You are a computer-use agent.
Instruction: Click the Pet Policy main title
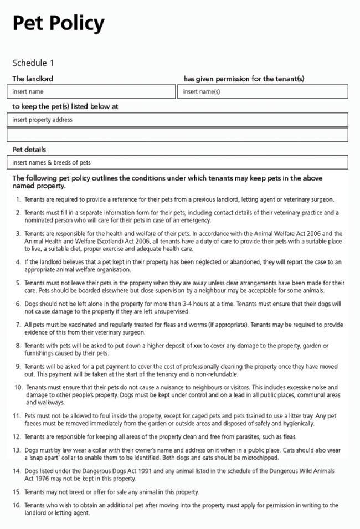pos(58,23)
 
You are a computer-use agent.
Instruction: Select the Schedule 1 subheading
pos(33,63)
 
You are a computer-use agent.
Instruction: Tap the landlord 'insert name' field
pos(93,91)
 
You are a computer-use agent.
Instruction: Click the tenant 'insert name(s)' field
pos(263,91)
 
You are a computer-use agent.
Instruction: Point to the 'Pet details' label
pos(29,150)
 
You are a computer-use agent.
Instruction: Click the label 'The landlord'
pos(33,79)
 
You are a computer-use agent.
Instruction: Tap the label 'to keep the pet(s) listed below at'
pos(65,106)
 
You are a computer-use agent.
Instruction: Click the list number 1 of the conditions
pos(18,199)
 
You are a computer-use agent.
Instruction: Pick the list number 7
pos(18,325)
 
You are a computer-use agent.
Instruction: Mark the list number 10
pos(18,387)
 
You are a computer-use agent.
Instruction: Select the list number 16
pos(17,505)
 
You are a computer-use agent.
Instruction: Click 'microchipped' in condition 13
pos(260,458)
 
